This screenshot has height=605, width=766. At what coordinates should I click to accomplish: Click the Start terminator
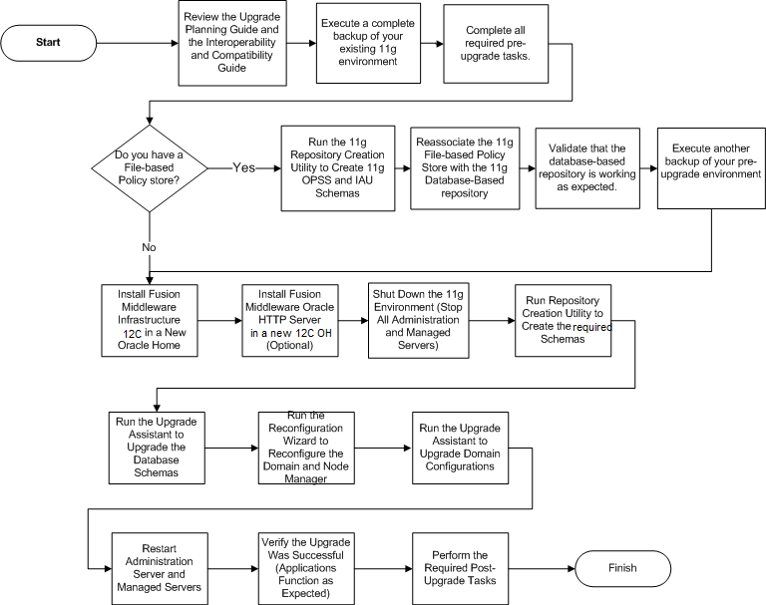(x=48, y=43)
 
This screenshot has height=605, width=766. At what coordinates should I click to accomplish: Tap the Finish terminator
(x=622, y=568)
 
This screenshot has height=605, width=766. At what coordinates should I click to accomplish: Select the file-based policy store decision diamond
(x=150, y=168)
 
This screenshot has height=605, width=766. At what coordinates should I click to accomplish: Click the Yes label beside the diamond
(x=243, y=167)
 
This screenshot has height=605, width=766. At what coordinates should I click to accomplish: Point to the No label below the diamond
(x=149, y=247)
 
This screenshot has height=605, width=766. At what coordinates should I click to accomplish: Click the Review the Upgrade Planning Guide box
(x=232, y=43)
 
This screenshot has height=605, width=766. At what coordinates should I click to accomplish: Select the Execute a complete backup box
(x=368, y=43)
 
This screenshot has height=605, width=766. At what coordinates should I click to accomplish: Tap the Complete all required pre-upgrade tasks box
(x=496, y=44)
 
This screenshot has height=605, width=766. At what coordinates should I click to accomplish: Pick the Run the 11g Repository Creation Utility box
(x=337, y=168)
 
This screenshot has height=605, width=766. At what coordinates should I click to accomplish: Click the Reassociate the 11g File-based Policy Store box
(x=465, y=168)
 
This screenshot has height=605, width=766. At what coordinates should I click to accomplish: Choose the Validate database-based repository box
(x=587, y=168)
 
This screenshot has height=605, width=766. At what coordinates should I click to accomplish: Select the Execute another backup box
(x=711, y=168)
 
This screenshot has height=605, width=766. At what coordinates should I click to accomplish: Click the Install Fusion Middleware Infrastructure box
(x=150, y=320)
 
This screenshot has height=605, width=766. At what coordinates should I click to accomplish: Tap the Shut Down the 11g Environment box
(x=419, y=320)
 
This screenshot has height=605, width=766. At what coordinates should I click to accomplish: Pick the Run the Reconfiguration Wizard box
(x=306, y=448)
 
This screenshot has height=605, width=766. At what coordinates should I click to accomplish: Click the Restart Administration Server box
(x=160, y=568)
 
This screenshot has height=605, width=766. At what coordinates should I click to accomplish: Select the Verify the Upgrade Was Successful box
(x=306, y=568)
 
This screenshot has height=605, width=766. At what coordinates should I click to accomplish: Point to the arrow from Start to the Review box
(x=138, y=43)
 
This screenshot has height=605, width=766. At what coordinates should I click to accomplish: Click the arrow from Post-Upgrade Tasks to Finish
(x=542, y=568)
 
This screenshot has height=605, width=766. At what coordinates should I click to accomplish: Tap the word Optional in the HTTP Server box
(x=289, y=345)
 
